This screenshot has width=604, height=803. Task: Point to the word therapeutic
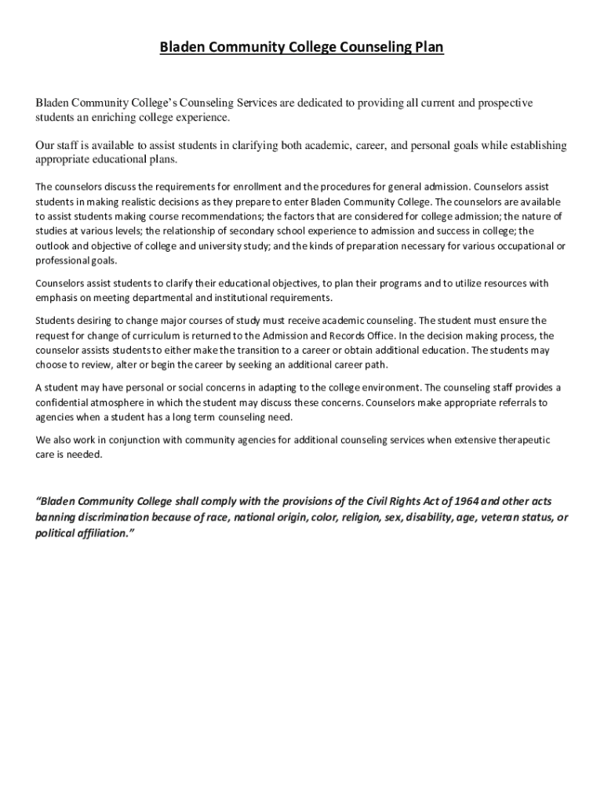tap(521, 440)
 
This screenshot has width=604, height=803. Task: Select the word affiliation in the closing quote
tap(94, 533)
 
